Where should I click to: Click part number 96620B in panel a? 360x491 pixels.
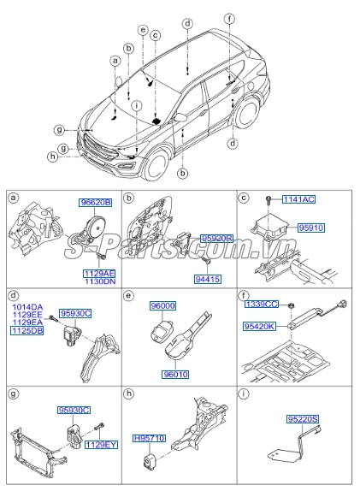click(96, 203)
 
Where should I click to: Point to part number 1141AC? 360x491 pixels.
click(298, 198)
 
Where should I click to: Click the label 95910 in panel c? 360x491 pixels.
click(311, 228)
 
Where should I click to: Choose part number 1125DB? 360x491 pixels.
click(27, 329)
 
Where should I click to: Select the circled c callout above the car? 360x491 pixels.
click(156, 36)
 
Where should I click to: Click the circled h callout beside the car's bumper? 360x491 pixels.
click(52, 157)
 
